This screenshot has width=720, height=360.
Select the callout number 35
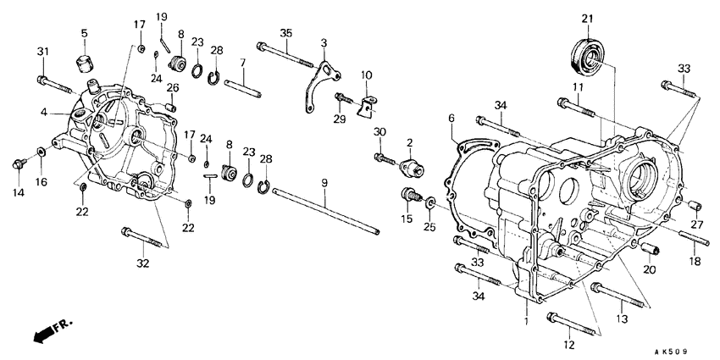tap(285, 33)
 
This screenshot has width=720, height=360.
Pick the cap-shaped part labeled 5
tap(84, 64)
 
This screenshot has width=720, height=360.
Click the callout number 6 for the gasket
tap(451, 117)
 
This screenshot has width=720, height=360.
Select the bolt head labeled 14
tap(18, 163)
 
